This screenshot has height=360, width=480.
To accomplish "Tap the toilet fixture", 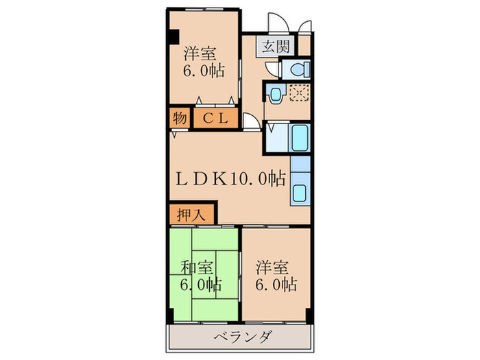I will pyautogui.click(x=297, y=69).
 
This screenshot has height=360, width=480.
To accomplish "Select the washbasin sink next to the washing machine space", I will pyautogui.click(x=276, y=94).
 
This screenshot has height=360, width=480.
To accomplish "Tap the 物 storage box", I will pyautogui.click(x=179, y=119).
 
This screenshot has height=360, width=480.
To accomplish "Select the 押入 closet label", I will pyautogui.click(x=191, y=214).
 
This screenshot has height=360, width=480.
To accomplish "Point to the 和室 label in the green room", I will pyautogui.click(x=197, y=267).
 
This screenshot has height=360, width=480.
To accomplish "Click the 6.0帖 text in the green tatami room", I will pyautogui.click(x=200, y=284).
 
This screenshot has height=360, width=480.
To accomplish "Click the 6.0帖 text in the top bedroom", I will pyautogui.click(x=204, y=71).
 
